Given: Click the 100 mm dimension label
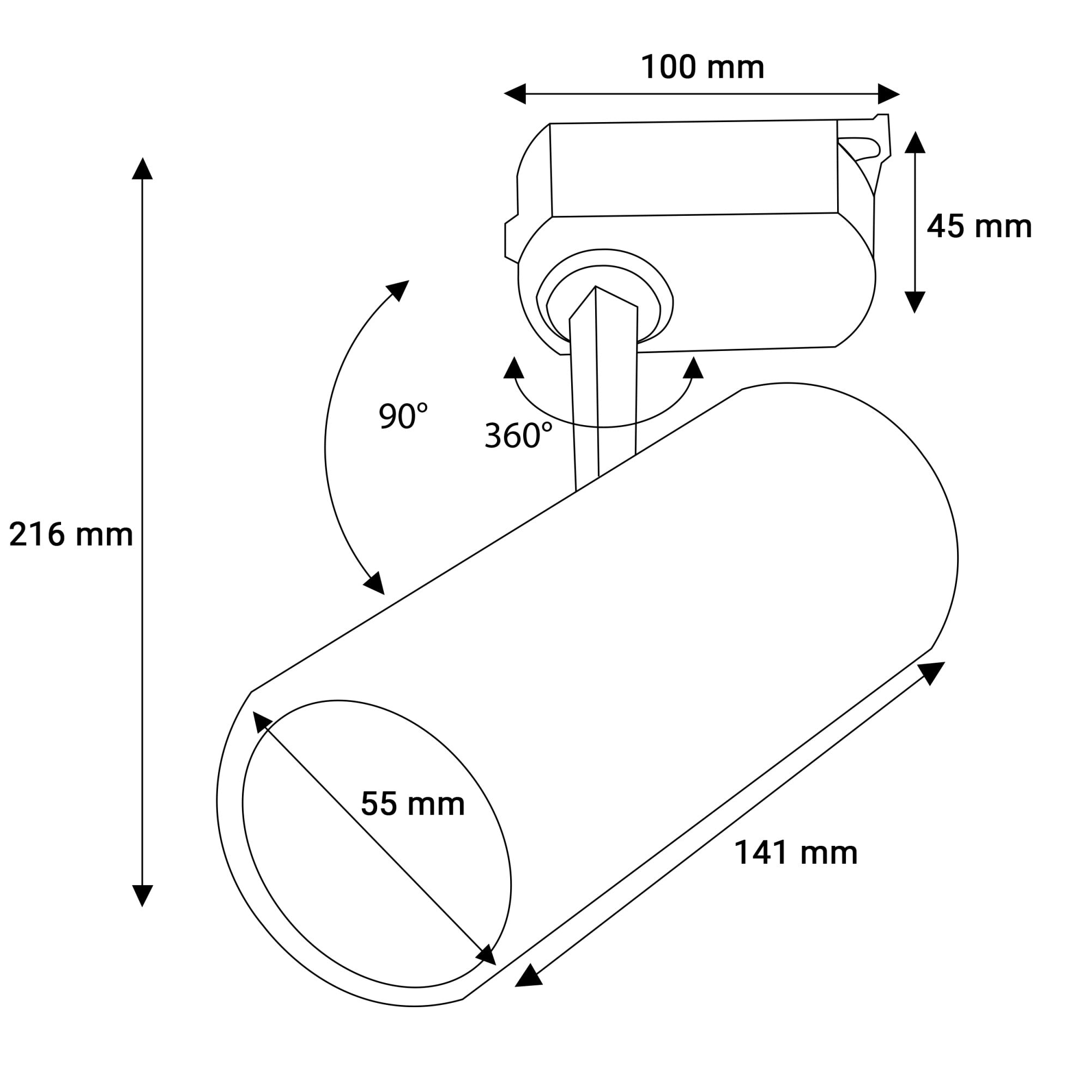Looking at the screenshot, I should click(703, 68).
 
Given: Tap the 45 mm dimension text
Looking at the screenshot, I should click(979, 227).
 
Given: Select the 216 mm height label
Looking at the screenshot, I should click(71, 535).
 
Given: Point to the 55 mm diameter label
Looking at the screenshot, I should click(413, 804).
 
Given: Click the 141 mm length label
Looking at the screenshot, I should click(796, 852).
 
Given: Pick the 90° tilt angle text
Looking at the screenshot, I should click(403, 416).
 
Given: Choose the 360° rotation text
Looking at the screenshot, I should click(518, 435).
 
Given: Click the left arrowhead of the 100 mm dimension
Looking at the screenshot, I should click(515, 94).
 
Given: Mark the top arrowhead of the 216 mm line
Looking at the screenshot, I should click(142, 169).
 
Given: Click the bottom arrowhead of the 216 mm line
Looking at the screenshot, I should click(142, 895).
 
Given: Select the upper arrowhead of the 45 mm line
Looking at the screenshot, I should click(915, 143).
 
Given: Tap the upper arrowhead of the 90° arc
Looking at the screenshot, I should click(398, 289).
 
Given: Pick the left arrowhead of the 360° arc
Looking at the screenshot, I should click(513, 368).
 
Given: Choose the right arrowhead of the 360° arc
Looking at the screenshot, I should click(693, 368).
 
